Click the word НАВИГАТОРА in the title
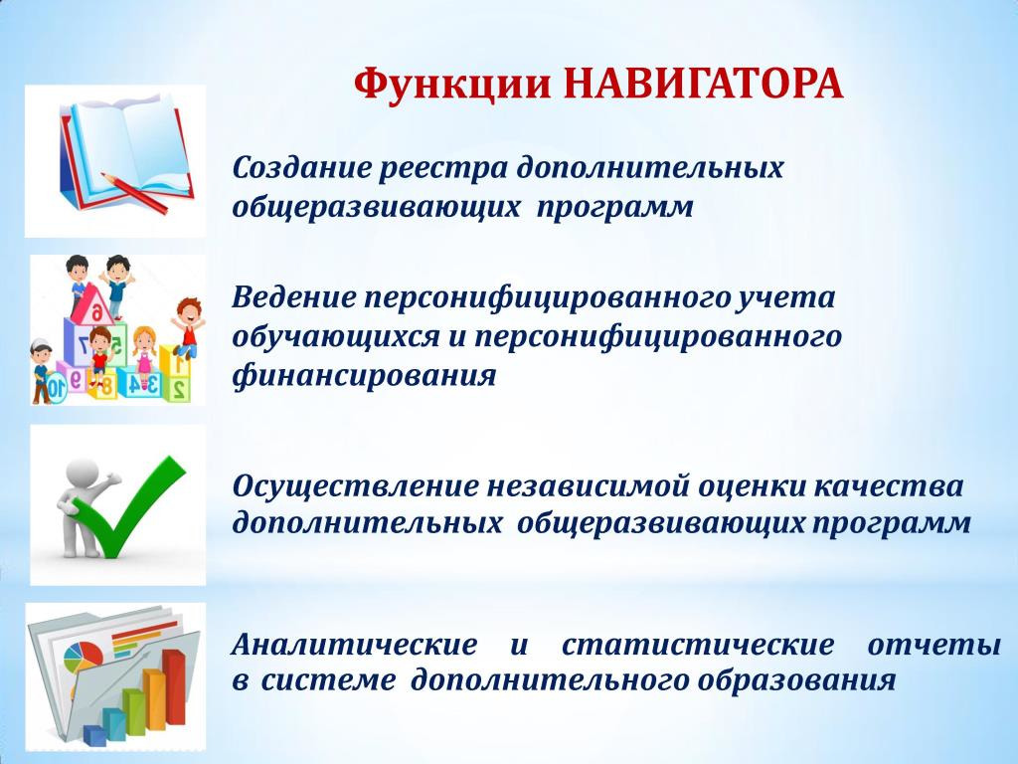pos(703,84)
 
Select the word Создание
pos(299,167)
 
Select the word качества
pos(889,486)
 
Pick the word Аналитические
pos(355,645)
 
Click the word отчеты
pos(934,645)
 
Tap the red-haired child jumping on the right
pos(188,328)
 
